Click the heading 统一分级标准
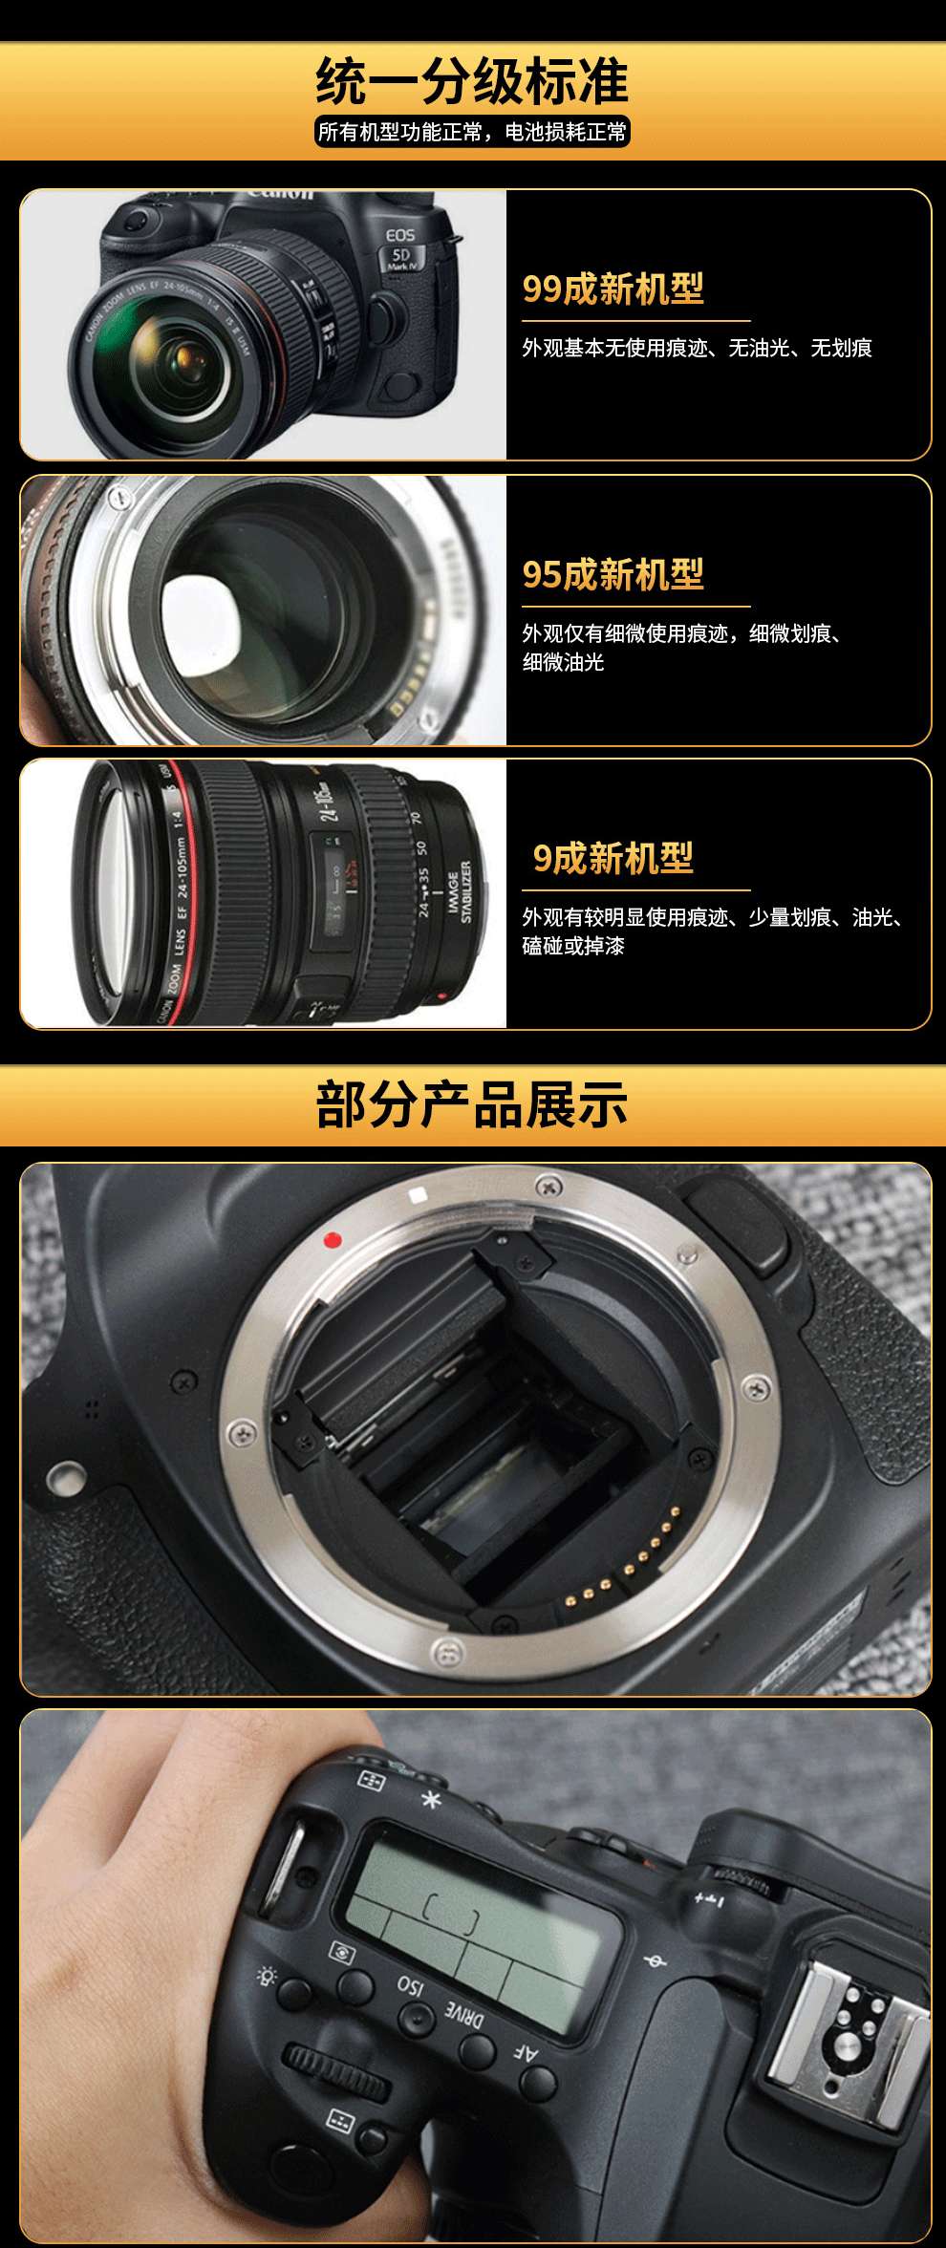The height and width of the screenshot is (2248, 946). (472, 82)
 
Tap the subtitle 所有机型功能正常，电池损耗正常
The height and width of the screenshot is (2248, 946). (472, 132)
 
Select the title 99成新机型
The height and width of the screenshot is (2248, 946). (613, 289)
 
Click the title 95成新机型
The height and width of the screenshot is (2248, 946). (613, 574)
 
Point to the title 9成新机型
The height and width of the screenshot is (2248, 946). (613, 858)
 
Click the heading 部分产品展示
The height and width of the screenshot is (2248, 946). (472, 1105)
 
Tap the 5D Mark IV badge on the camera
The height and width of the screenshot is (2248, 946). (402, 258)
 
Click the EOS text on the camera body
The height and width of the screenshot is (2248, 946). (400, 234)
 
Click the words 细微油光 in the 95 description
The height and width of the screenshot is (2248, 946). (563, 662)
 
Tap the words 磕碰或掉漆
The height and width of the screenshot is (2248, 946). (573, 946)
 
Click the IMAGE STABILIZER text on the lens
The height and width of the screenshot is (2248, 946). (461, 891)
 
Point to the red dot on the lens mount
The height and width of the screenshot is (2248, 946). (333, 1240)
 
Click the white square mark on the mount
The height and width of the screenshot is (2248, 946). (418, 1195)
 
